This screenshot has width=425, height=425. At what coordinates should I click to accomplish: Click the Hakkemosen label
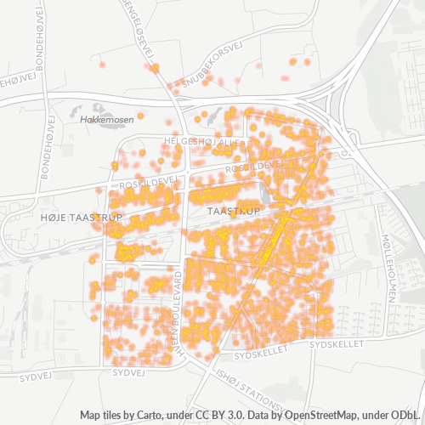click(107, 121)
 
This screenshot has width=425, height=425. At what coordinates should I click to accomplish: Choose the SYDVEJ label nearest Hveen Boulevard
click(127, 371)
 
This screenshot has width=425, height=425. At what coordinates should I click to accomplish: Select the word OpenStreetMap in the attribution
click(321, 415)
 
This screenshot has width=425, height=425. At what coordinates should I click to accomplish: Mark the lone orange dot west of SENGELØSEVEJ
click(102, 65)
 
